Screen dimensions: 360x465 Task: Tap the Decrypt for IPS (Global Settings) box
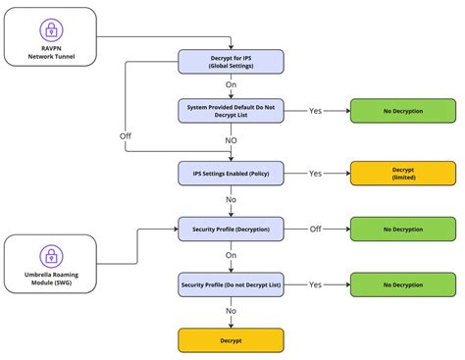231,61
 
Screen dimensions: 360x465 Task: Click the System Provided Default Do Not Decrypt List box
231,111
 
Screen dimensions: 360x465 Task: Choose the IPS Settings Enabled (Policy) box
231,173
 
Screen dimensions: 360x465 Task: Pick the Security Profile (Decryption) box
231,229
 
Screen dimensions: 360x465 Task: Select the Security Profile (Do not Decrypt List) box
231,284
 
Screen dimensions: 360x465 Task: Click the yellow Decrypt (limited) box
403,173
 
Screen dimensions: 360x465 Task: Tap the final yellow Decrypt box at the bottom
231,340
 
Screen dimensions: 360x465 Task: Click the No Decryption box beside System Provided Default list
403,111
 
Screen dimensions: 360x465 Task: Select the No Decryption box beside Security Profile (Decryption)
403,229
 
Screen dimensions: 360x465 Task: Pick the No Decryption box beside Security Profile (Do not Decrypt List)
403,284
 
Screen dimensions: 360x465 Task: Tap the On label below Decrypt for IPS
231,85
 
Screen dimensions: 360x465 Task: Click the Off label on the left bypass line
126,134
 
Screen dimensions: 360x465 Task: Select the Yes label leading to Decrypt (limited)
315,173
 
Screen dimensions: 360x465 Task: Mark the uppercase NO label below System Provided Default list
231,139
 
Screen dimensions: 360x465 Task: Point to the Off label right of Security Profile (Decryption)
315,229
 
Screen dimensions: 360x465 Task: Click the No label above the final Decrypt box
231,311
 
